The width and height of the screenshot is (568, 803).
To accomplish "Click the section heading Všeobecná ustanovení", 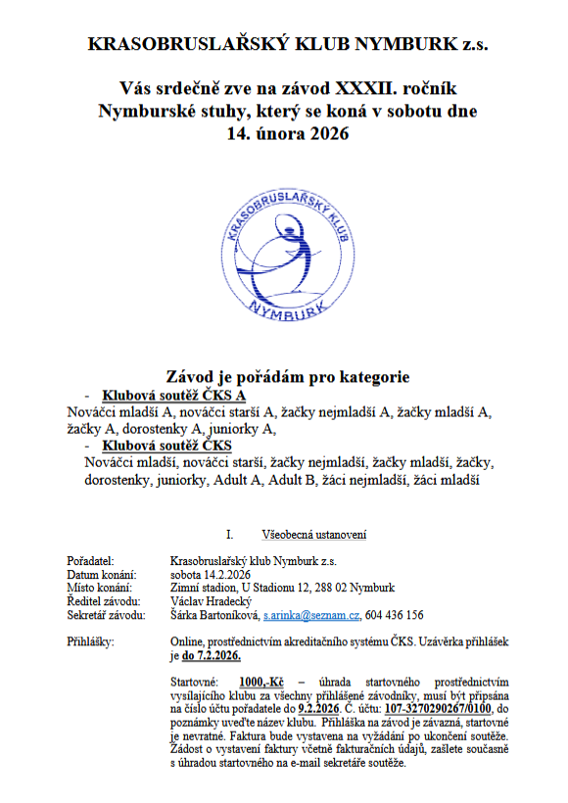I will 314,535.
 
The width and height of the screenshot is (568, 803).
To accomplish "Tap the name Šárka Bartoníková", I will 213,615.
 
